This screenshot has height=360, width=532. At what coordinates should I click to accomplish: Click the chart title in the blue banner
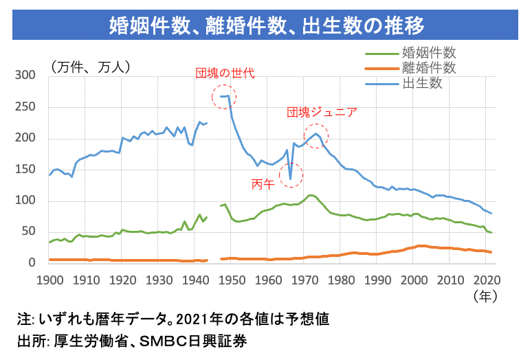[266, 25]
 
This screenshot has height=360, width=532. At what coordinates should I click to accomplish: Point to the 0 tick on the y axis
[32, 262]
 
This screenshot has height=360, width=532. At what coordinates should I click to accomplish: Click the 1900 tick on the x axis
[49, 280]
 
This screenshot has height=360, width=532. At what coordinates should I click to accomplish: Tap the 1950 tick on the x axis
[232, 280]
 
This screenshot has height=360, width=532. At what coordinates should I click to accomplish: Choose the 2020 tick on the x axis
[487, 280]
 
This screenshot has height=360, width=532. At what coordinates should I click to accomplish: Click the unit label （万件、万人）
[90, 66]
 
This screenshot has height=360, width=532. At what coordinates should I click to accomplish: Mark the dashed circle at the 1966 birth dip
[291, 176]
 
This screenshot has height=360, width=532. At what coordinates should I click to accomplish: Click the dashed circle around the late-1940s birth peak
[224, 98]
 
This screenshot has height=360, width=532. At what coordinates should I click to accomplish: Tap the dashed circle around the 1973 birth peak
[316, 135]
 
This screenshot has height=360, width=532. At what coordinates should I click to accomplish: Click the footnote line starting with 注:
[173, 319]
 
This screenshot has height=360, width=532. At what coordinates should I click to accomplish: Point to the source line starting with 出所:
[131, 341]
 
